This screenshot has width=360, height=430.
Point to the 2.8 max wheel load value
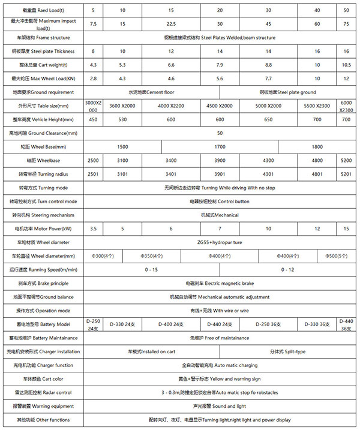(93, 79)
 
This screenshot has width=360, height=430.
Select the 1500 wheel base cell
(122, 146)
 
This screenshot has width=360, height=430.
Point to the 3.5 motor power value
(93, 229)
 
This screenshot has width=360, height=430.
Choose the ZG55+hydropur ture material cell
(220, 242)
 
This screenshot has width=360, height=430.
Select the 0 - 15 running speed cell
(152, 269)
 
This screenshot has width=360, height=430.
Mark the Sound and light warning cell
(220, 406)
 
